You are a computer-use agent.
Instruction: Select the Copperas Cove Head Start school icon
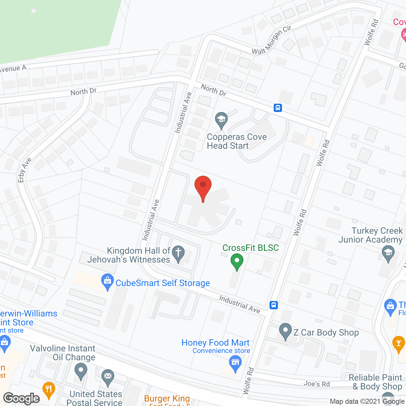(x=221, y=120)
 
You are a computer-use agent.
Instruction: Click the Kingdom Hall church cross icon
(x=178, y=253)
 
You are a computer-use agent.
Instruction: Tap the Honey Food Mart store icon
(x=235, y=363)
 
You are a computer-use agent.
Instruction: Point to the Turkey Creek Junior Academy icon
(x=388, y=253)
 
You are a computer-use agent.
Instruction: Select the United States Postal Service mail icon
(x=108, y=377)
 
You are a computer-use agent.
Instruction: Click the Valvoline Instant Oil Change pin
(x=81, y=370)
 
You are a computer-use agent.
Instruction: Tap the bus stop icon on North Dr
(x=278, y=108)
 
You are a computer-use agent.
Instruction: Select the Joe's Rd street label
(x=317, y=384)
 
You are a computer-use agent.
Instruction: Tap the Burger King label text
(x=167, y=398)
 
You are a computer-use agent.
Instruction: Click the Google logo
(x=22, y=398)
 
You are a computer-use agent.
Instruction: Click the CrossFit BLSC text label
(x=251, y=248)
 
